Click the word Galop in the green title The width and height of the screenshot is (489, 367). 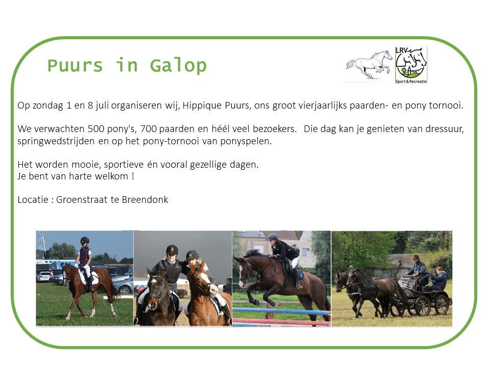[178, 66]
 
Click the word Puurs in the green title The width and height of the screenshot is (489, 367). [75, 66]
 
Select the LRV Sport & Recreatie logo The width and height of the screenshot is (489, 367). [411, 65]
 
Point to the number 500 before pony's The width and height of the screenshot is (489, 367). [96, 128]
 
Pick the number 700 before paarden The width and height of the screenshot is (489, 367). [148, 128]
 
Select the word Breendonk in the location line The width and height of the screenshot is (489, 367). [145, 199]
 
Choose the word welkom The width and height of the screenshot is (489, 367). [112, 176]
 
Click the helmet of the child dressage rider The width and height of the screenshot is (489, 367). [85, 240]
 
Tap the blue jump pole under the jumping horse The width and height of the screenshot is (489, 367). [281, 310]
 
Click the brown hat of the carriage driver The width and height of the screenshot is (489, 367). [416, 257]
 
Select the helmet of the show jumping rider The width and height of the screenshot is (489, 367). [272, 237]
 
